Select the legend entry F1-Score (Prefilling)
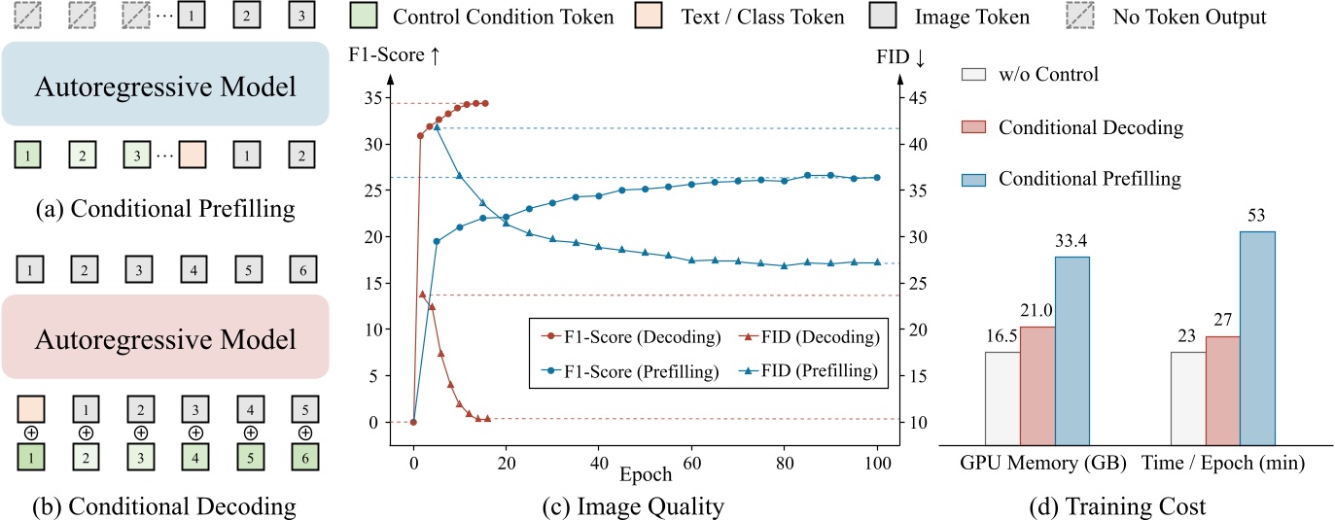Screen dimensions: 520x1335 pos(622,369)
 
